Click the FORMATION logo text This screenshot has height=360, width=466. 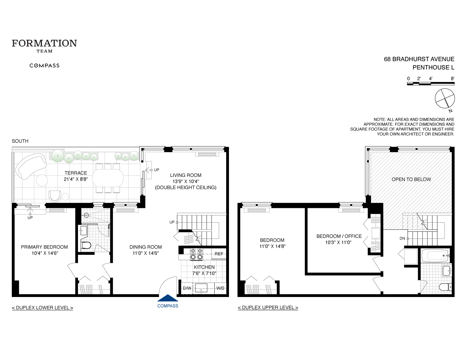pos(44,43)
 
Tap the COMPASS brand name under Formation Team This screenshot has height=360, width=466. pos(44,65)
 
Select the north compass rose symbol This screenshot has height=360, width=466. pos(445,99)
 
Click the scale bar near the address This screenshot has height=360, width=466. pos(431,83)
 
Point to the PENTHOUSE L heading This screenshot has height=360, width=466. pos(433,67)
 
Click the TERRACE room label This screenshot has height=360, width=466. pos(76,173)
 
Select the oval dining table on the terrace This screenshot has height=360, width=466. pos(108,178)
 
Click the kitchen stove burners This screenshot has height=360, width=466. pos(196,254)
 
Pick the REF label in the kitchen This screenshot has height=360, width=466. pos(219,254)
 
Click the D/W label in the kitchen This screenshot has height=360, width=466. pos(187,288)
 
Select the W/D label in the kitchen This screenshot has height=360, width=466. pos(220,288)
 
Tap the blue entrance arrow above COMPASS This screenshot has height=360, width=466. pos(168,298)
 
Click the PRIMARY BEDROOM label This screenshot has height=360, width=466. pos(44,247)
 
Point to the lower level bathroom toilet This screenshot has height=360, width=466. pos(86,245)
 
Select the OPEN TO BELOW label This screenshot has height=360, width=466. pos(411,179)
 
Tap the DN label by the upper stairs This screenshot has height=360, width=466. pos(402,238)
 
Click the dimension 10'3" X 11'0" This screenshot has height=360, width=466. pos(338,242)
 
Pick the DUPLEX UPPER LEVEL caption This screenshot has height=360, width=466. pos(268,308)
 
